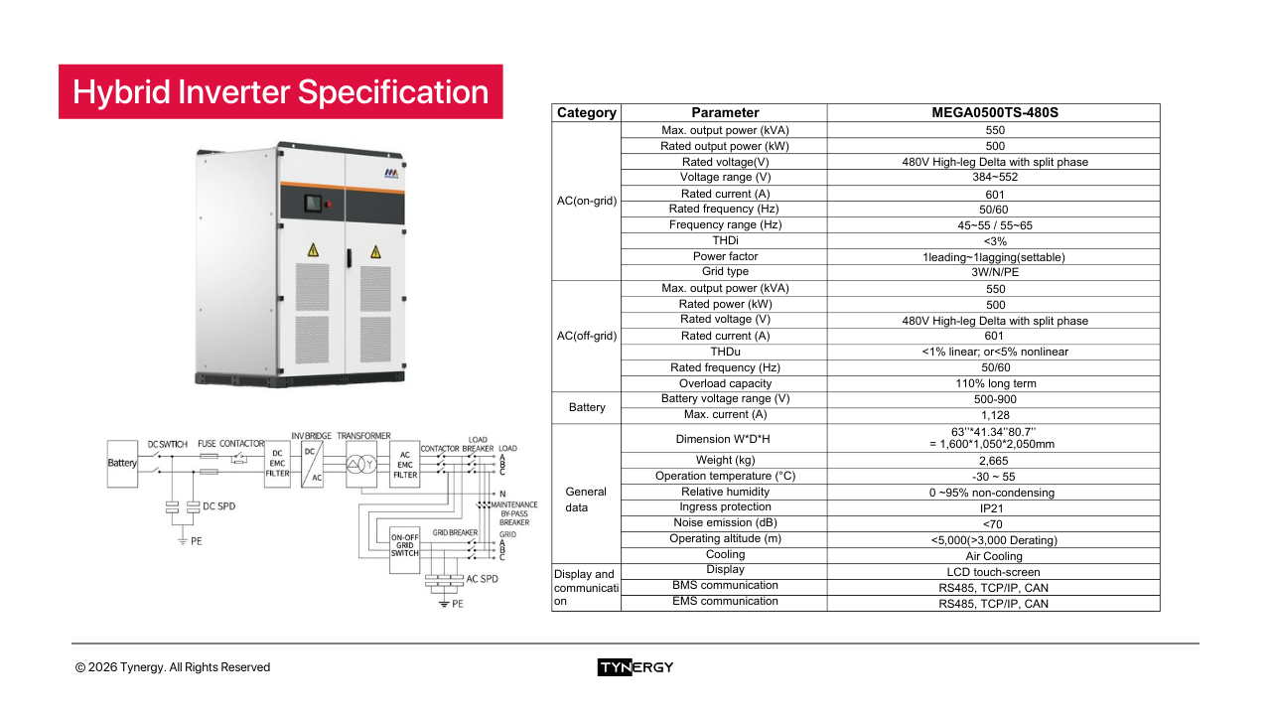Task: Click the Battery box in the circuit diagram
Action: click(x=122, y=464)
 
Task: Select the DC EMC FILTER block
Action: click(x=277, y=464)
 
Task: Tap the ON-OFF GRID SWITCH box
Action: click(x=404, y=546)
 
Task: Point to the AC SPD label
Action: click(x=482, y=579)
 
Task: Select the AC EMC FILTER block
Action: click(x=405, y=464)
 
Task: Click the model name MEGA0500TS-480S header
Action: click(x=993, y=113)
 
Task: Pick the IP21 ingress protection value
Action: click(x=993, y=507)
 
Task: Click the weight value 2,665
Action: click(x=993, y=460)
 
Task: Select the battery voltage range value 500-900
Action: click(x=993, y=399)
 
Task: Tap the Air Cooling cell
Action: click(x=993, y=556)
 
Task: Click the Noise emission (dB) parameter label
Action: click(x=725, y=522)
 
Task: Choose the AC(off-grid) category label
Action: click(x=587, y=336)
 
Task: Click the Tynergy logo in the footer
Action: click(x=635, y=667)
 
